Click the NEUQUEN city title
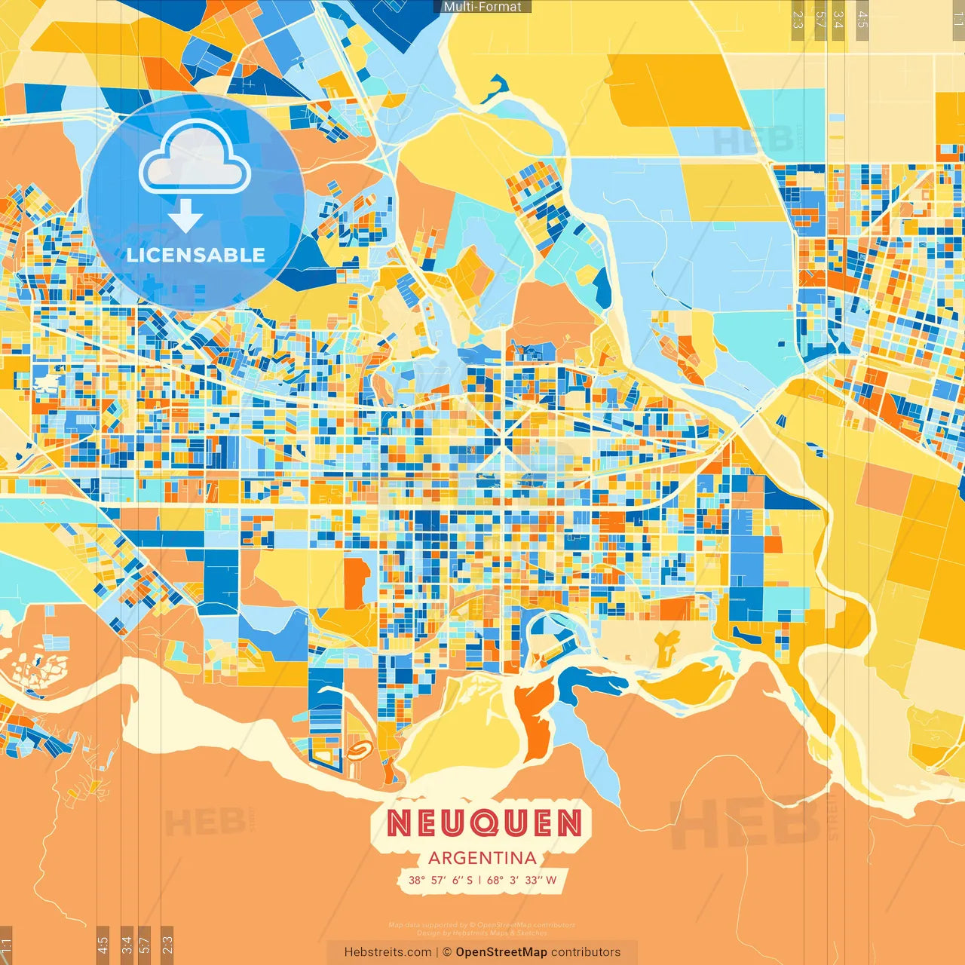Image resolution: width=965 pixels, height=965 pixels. click(484, 823)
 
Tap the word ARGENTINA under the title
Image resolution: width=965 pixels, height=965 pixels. click(482, 858)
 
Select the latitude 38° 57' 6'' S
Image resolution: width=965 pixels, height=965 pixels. click(441, 880)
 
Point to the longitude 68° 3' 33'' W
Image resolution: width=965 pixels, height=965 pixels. click(522, 880)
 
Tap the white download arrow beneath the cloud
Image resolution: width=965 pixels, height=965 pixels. click(185, 216)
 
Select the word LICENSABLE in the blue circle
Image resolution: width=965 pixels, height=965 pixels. click(196, 255)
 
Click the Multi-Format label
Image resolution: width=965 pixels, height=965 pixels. click(482, 7)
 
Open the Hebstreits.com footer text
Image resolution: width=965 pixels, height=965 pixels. click(388, 952)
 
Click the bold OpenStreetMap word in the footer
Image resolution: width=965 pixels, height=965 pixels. click(501, 952)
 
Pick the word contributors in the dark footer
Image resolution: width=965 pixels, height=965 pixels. click(586, 952)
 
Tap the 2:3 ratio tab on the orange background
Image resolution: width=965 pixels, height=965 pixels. click(167, 945)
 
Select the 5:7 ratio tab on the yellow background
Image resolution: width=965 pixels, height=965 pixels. click(819, 19)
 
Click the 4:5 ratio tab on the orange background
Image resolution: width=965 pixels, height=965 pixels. click(103, 945)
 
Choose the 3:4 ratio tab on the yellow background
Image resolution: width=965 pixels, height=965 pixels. click(838, 19)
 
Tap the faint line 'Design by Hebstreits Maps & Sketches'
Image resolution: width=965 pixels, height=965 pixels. click(482, 933)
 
